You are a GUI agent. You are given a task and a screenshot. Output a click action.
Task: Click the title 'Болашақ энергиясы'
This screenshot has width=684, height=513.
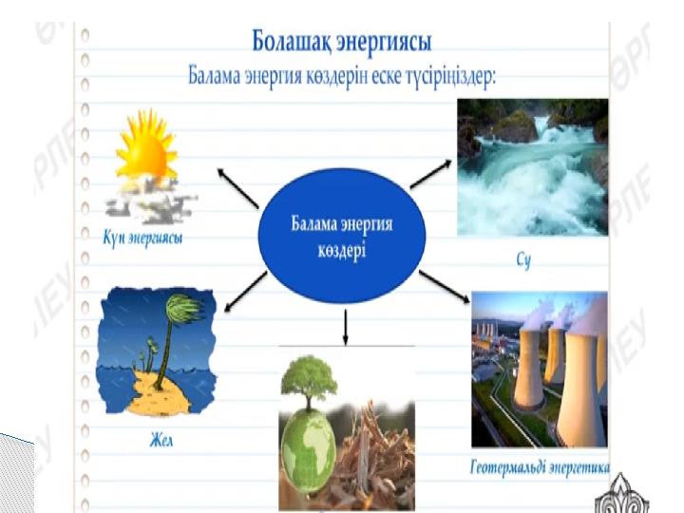click(x=342, y=43)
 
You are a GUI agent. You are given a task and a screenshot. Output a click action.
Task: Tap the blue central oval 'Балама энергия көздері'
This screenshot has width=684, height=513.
click(x=342, y=236)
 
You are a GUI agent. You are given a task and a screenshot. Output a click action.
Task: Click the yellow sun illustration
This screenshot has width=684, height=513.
click(x=146, y=147)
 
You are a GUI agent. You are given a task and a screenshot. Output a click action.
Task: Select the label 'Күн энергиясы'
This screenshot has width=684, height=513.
click(x=143, y=239)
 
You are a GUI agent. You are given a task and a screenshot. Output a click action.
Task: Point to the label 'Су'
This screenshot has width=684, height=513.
click(x=523, y=260)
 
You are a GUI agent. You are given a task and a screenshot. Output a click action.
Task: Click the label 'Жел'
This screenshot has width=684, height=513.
click(x=161, y=441)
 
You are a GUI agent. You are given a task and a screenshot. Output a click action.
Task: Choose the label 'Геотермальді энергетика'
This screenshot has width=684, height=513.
click(x=540, y=468)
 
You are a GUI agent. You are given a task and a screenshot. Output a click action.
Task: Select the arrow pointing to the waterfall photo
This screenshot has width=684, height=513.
click(x=431, y=174)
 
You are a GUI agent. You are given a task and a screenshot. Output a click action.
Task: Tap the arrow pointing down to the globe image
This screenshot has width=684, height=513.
click(x=346, y=327)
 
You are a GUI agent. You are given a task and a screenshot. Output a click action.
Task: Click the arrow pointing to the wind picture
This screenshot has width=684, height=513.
click(x=246, y=292)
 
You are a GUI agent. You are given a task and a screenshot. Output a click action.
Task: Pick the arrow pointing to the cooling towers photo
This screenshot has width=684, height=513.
click(x=445, y=286)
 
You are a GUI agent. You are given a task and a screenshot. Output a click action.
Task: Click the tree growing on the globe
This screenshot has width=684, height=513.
click(x=310, y=383)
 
